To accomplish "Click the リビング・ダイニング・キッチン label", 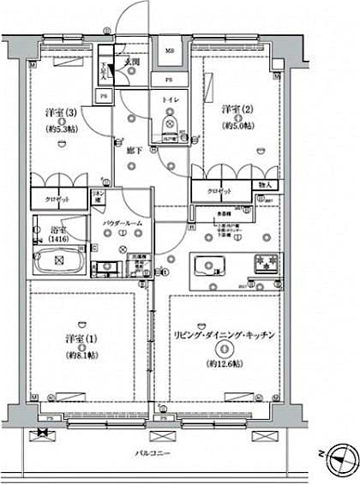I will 224,336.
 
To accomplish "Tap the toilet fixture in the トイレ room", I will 169,128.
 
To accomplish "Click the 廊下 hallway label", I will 133,148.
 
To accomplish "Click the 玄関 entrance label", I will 132,62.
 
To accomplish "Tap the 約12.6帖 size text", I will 224,363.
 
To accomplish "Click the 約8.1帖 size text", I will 79,355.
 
